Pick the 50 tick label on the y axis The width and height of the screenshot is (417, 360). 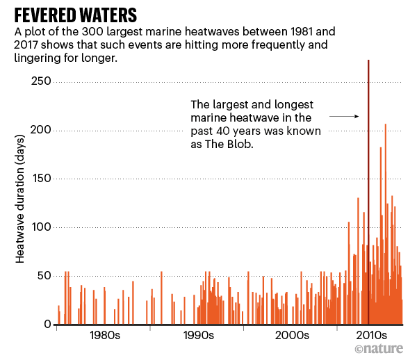click(x=45, y=276)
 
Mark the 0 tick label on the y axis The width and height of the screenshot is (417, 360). click(x=49, y=325)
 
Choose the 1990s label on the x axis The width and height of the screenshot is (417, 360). click(x=199, y=336)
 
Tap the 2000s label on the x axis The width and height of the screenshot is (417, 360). click(x=293, y=336)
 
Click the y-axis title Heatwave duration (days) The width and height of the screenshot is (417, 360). click(x=20, y=208)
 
